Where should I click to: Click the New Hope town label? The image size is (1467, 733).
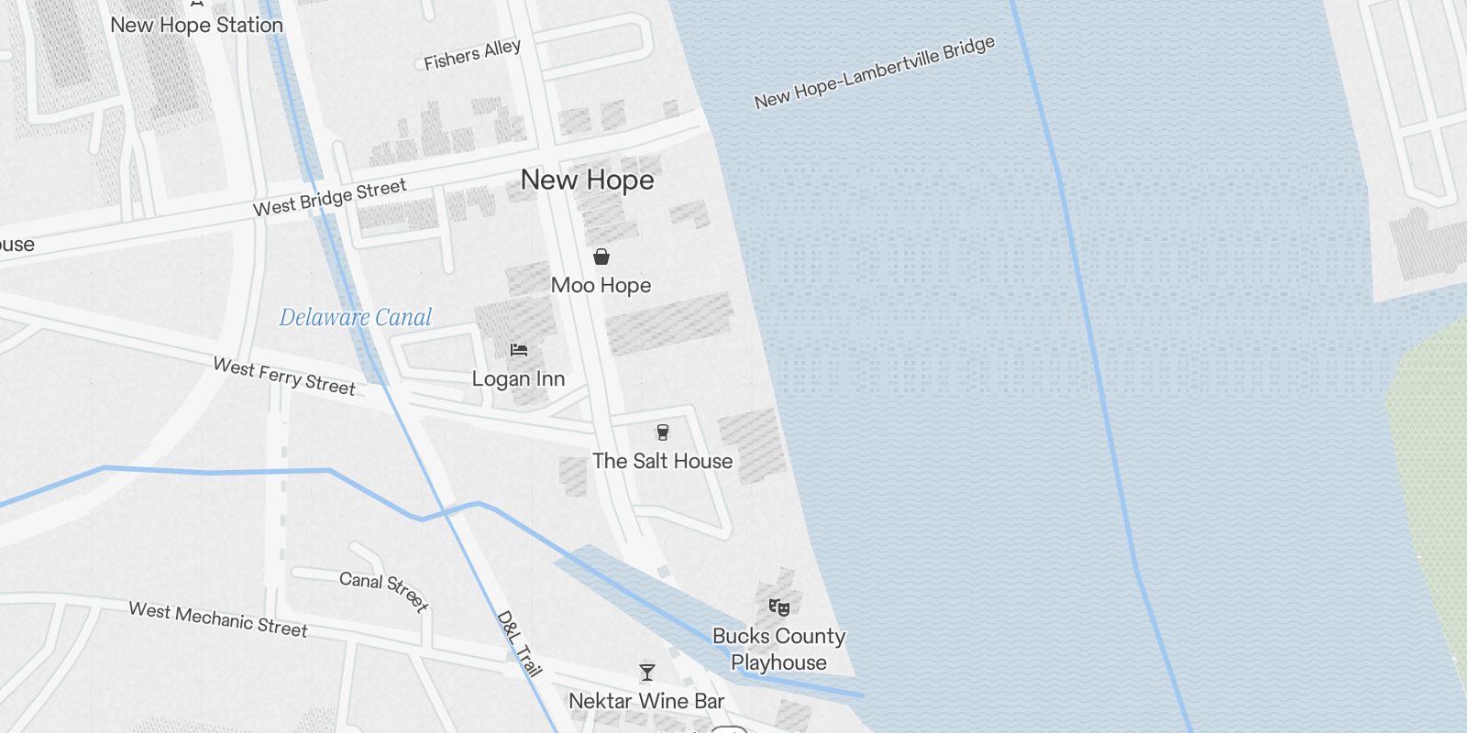tap(587, 181)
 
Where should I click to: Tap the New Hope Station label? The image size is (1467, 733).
tap(196, 26)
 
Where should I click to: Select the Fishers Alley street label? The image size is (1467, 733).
tap(472, 55)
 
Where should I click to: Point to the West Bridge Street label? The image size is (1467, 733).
tap(329, 198)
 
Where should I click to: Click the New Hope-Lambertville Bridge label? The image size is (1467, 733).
tap(874, 73)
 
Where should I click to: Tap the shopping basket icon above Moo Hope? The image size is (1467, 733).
tap(601, 257)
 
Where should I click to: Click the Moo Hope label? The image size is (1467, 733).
tap(601, 286)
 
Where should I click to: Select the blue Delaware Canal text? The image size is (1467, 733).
tap(355, 318)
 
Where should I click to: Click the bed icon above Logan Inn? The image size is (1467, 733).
tap(519, 349)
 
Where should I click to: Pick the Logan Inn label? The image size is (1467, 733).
tap(518, 379)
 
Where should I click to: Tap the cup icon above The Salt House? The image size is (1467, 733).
tap(663, 432)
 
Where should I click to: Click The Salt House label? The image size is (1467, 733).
tap(662, 461)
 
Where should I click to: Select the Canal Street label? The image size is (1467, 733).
tap(383, 591)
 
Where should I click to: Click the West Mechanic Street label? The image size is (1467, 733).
tap(218, 618)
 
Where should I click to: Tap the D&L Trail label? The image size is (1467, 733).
tap(519, 643)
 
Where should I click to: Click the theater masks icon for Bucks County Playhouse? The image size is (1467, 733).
tap(778, 607)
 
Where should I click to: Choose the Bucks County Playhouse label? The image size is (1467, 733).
tap(778, 649)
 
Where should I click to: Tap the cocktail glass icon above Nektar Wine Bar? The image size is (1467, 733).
tap(647, 673)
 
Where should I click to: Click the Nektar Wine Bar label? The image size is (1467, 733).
tap(646, 701)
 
